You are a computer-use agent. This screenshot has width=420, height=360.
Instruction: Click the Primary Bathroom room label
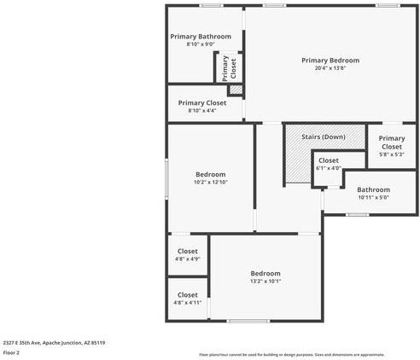point(201,37)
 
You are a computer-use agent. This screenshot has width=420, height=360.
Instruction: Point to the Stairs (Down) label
point(324,136)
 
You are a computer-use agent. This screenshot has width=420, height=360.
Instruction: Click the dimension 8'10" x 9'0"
point(201,44)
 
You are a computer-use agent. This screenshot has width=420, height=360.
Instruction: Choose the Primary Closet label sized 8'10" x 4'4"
point(202,102)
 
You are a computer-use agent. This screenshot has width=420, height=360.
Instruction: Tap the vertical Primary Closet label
point(230,67)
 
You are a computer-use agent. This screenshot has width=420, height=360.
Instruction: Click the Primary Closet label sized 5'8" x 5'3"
point(392,142)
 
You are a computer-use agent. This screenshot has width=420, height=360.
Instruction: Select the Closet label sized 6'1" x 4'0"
point(329,160)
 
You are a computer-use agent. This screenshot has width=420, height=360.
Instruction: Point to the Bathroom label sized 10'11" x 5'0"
point(373,189)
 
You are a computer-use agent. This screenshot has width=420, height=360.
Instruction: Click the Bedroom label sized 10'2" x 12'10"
point(210,174)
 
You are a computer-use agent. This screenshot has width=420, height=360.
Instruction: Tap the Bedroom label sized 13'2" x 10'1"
point(265,273)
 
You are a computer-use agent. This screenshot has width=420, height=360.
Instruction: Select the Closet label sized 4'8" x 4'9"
point(187,251)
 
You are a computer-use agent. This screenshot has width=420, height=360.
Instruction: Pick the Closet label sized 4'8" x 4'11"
point(187,294)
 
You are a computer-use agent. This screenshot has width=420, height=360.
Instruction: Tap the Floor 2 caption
point(12,352)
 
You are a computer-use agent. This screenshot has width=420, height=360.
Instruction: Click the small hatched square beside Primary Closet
point(236,89)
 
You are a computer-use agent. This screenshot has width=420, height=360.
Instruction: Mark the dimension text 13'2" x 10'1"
point(265,281)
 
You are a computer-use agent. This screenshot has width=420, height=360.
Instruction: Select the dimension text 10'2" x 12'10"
point(210,182)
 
